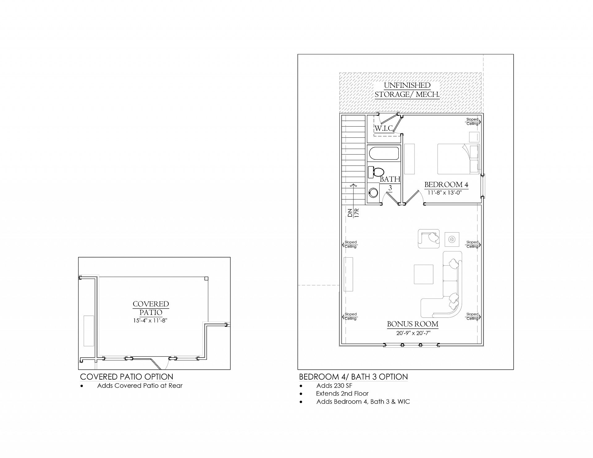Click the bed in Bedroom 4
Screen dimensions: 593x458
pyautogui.click(x=458, y=159)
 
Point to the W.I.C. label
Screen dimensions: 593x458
pyautogui.click(x=384, y=128)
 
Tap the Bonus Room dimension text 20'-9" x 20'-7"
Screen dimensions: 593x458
pyautogui.click(x=413, y=333)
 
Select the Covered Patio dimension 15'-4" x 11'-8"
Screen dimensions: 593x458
pyautogui.click(x=151, y=321)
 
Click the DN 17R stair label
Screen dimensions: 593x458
pyautogui.click(x=353, y=213)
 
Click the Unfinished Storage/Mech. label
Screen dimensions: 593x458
pyautogui.click(x=407, y=90)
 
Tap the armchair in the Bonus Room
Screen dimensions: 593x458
pyautogui.click(x=429, y=238)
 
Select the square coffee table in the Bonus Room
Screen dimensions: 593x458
pyautogui.click(x=423, y=275)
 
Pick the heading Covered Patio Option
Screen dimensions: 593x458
pyautogui.click(x=127, y=377)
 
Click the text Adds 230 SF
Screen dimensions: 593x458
pyautogui.click(x=334, y=385)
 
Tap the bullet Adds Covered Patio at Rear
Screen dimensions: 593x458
pyautogui.click(x=140, y=385)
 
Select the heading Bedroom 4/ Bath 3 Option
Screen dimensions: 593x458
pyautogui.click(x=353, y=377)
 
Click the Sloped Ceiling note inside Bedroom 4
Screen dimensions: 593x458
pyautogui.click(x=473, y=121)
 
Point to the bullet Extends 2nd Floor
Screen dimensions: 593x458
pyautogui.click(x=342, y=393)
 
